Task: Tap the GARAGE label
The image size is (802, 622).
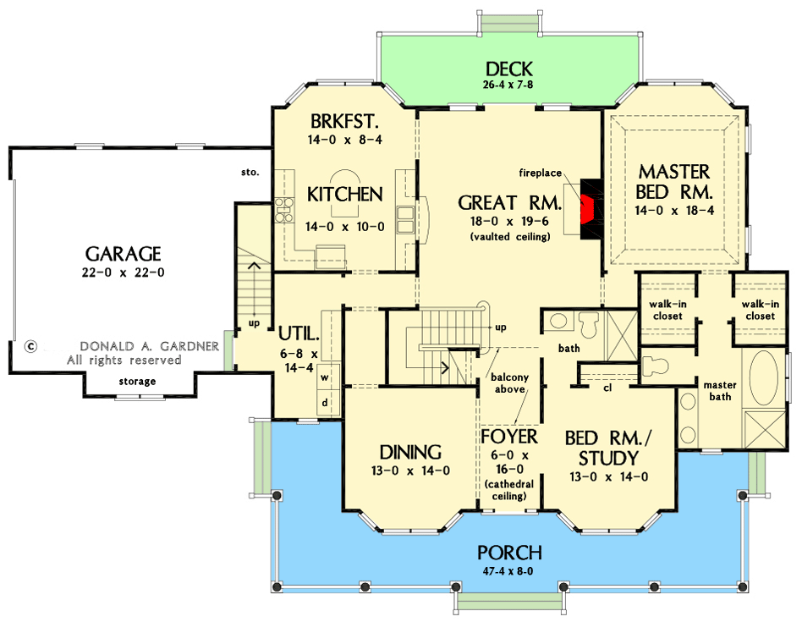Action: pyautogui.click(x=124, y=254)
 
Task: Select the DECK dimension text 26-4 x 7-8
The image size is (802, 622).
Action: pyautogui.click(x=508, y=85)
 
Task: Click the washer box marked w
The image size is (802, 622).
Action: pyautogui.click(x=324, y=377)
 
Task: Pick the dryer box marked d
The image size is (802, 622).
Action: pyautogui.click(x=324, y=402)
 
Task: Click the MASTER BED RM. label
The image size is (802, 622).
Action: pyautogui.click(x=674, y=181)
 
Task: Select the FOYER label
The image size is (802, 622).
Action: pyautogui.click(x=509, y=437)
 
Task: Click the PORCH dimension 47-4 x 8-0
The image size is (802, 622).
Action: pyautogui.click(x=508, y=570)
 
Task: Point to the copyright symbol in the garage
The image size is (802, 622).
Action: pyautogui.click(x=31, y=346)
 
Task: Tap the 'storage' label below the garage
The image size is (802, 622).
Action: pyautogui.click(x=137, y=381)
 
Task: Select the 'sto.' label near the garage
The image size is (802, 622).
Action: pyautogui.click(x=250, y=173)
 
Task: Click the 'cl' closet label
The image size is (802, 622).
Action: pyautogui.click(x=608, y=388)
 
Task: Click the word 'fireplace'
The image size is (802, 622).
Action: pyautogui.click(x=541, y=173)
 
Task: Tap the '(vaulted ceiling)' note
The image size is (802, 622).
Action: pyautogui.click(x=509, y=236)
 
